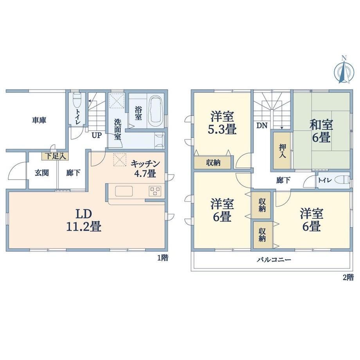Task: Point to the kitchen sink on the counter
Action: click(x=124, y=191)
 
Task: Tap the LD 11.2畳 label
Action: click(x=84, y=220)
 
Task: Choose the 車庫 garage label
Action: click(x=39, y=120)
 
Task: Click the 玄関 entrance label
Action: click(x=42, y=173)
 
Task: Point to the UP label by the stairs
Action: click(x=97, y=135)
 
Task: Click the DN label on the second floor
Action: click(x=262, y=126)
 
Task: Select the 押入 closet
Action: click(x=282, y=151)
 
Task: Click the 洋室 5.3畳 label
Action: click(x=222, y=123)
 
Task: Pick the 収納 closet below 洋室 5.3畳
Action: click(x=212, y=163)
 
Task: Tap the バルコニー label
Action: click(x=274, y=260)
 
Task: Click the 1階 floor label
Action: click(x=162, y=258)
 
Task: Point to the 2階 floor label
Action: click(x=348, y=277)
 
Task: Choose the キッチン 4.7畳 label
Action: click(x=145, y=169)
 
